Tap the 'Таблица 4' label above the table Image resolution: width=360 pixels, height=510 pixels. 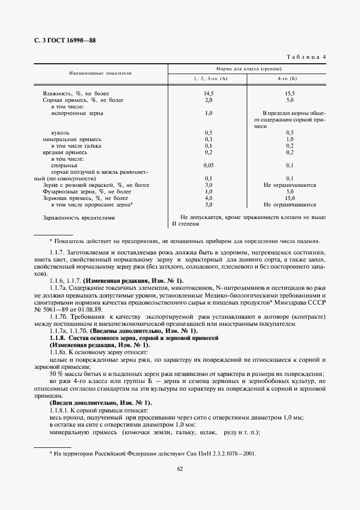coord(306,57)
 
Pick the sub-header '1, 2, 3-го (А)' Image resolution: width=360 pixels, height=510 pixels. coord(208,80)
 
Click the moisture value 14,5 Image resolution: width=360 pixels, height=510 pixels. coord(208,94)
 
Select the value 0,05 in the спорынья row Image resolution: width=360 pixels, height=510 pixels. coord(208,165)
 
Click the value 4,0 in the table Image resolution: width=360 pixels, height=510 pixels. coord(208,198)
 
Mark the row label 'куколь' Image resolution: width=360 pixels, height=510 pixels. coord(60,132)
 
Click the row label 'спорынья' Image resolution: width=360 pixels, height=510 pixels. coord(63,165)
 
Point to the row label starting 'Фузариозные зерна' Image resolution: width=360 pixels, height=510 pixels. coord(87,192)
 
